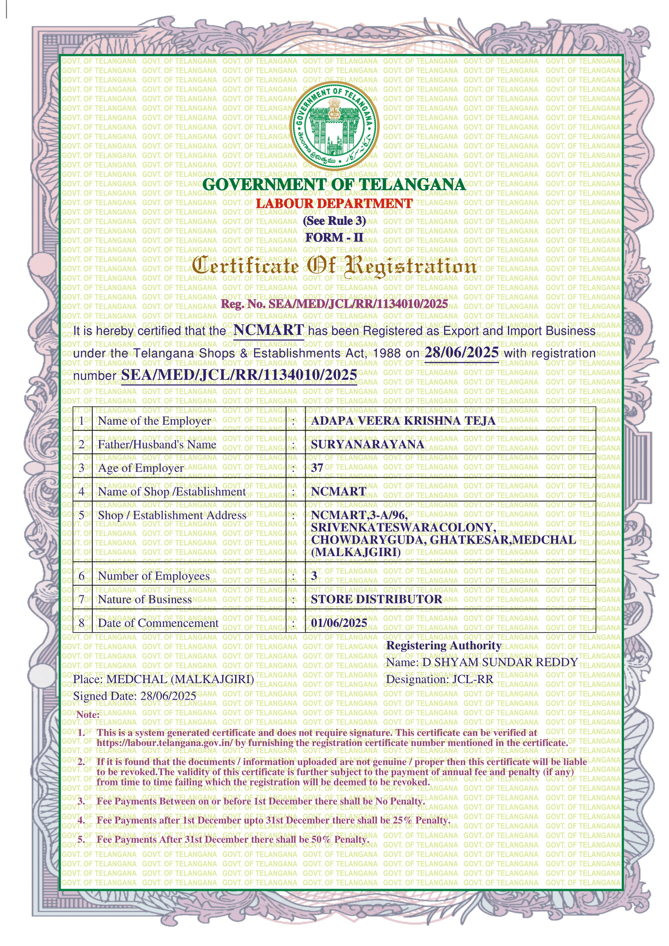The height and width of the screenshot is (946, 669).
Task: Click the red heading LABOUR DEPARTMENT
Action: pyautogui.click(x=334, y=203)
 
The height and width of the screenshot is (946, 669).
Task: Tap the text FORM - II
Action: pyautogui.click(x=334, y=237)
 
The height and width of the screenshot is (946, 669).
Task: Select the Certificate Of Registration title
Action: pyautogui.click(x=334, y=267)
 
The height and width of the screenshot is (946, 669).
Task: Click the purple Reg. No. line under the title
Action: pyautogui.click(x=334, y=304)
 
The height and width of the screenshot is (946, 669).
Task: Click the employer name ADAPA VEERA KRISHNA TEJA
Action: pyautogui.click(x=403, y=420)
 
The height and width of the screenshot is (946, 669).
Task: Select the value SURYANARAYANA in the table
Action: pyautogui.click(x=368, y=444)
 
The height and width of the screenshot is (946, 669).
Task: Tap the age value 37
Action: pyautogui.click(x=317, y=468)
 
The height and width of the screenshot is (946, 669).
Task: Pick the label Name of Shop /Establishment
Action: pyautogui.click(x=172, y=491)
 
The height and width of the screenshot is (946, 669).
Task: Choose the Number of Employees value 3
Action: pyautogui.click(x=314, y=576)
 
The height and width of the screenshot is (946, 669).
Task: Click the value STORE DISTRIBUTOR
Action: pyautogui.click(x=376, y=599)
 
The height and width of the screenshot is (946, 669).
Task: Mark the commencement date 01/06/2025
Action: pyautogui.click(x=339, y=623)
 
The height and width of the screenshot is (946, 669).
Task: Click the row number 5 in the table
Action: pyautogui.click(x=82, y=515)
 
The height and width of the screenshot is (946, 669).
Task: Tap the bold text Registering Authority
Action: pyautogui.click(x=444, y=646)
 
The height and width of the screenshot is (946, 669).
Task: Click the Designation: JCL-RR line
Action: pyautogui.click(x=439, y=679)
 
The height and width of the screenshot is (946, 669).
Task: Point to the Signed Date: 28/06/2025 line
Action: pyautogui.click(x=135, y=696)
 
